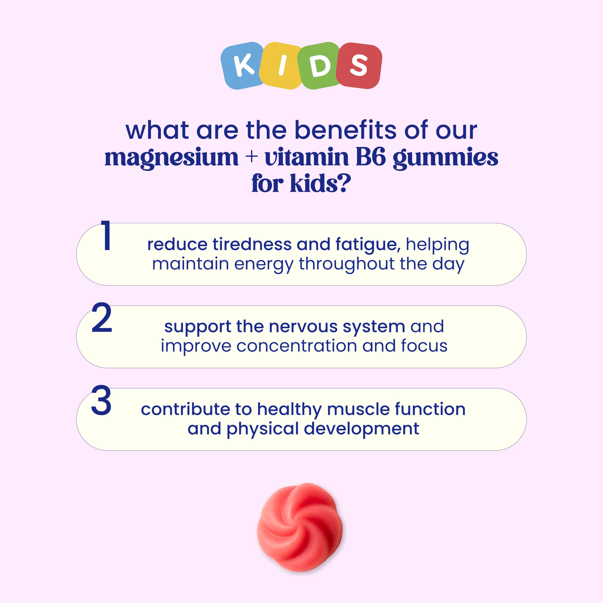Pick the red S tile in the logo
tap(359, 65)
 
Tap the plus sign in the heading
tap(251, 157)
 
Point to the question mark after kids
tap(345, 183)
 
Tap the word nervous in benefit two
tap(303, 327)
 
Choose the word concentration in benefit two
tap(297, 346)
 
